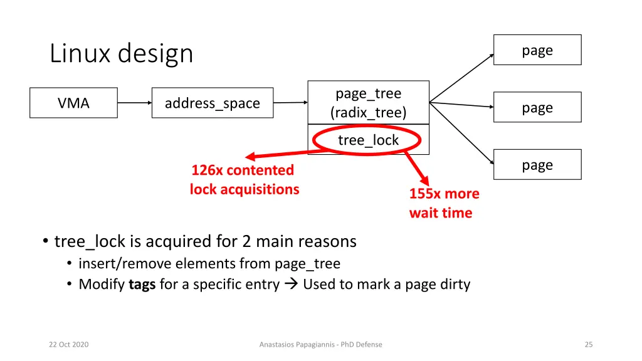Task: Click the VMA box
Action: pyautogui.click(x=74, y=103)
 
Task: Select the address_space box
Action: pyautogui.click(x=213, y=103)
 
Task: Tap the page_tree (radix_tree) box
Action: pyautogui.click(x=368, y=103)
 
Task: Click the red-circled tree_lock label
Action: pyautogui.click(x=368, y=140)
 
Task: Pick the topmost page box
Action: pyautogui.click(x=537, y=50)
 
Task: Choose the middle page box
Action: pyautogui.click(x=537, y=108)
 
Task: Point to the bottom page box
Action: pyautogui.click(x=537, y=165)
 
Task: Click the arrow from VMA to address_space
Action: pyautogui.click(x=135, y=103)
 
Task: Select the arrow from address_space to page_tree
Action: pyautogui.click(x=290, y=103)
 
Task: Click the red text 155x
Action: pyautogui.click(x=424, y=194)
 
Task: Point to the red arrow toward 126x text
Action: pyautogui.click(x=282, y=153)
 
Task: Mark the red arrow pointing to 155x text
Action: pyautogui.click(x=416, y=168)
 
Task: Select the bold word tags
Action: pyautogui.click(x=142, y=285)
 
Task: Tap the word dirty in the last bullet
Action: pyautogui.click(x=455, y=285)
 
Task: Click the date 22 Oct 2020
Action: pyautogui.click(x=69, y=344)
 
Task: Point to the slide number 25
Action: pyautogui.click(x=588, y=344)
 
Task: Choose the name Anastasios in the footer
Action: pyautogui.click(x=279, y=344)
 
